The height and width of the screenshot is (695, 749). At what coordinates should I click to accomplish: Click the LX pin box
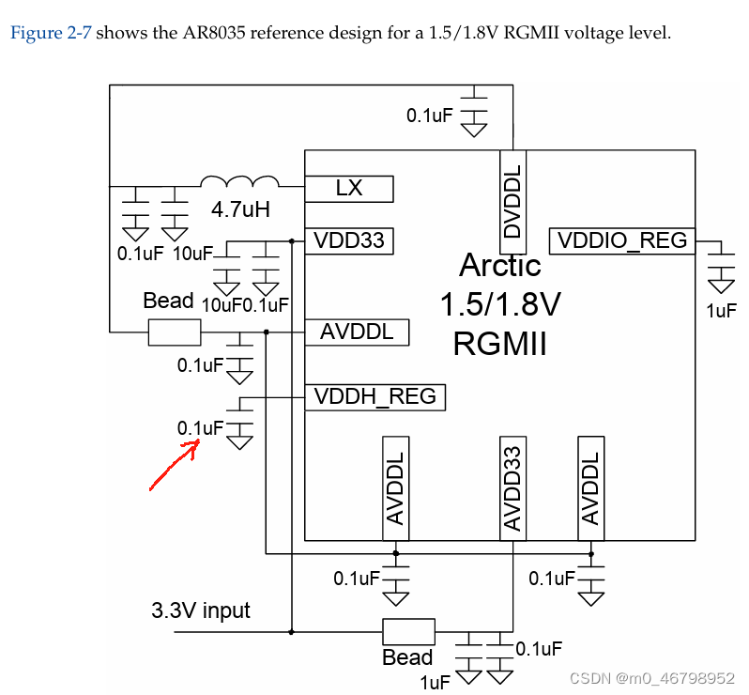348,189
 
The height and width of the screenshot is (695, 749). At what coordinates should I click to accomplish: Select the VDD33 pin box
348,240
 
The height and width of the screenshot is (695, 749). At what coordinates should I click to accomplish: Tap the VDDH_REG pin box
375,396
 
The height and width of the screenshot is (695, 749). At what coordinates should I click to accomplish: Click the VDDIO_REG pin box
622,240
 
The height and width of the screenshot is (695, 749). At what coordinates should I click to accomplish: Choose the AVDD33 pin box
512,487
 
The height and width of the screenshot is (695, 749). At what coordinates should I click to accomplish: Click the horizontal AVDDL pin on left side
357,332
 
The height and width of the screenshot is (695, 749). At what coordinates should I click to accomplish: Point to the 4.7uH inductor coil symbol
240,181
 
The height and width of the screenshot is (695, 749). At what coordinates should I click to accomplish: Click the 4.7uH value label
239,209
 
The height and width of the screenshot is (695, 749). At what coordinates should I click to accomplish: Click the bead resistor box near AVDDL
174,332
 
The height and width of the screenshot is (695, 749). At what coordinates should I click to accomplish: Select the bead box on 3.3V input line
407,631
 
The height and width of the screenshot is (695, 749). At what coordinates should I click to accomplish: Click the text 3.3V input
201,610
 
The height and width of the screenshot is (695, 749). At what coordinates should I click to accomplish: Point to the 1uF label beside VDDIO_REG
720,310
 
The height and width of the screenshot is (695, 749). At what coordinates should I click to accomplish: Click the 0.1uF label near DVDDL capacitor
429,116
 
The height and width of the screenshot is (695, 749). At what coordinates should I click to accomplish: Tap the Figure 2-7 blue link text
51,34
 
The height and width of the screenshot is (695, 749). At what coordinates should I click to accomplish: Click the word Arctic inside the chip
499,266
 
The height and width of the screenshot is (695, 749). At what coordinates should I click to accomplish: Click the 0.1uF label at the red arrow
200,428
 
